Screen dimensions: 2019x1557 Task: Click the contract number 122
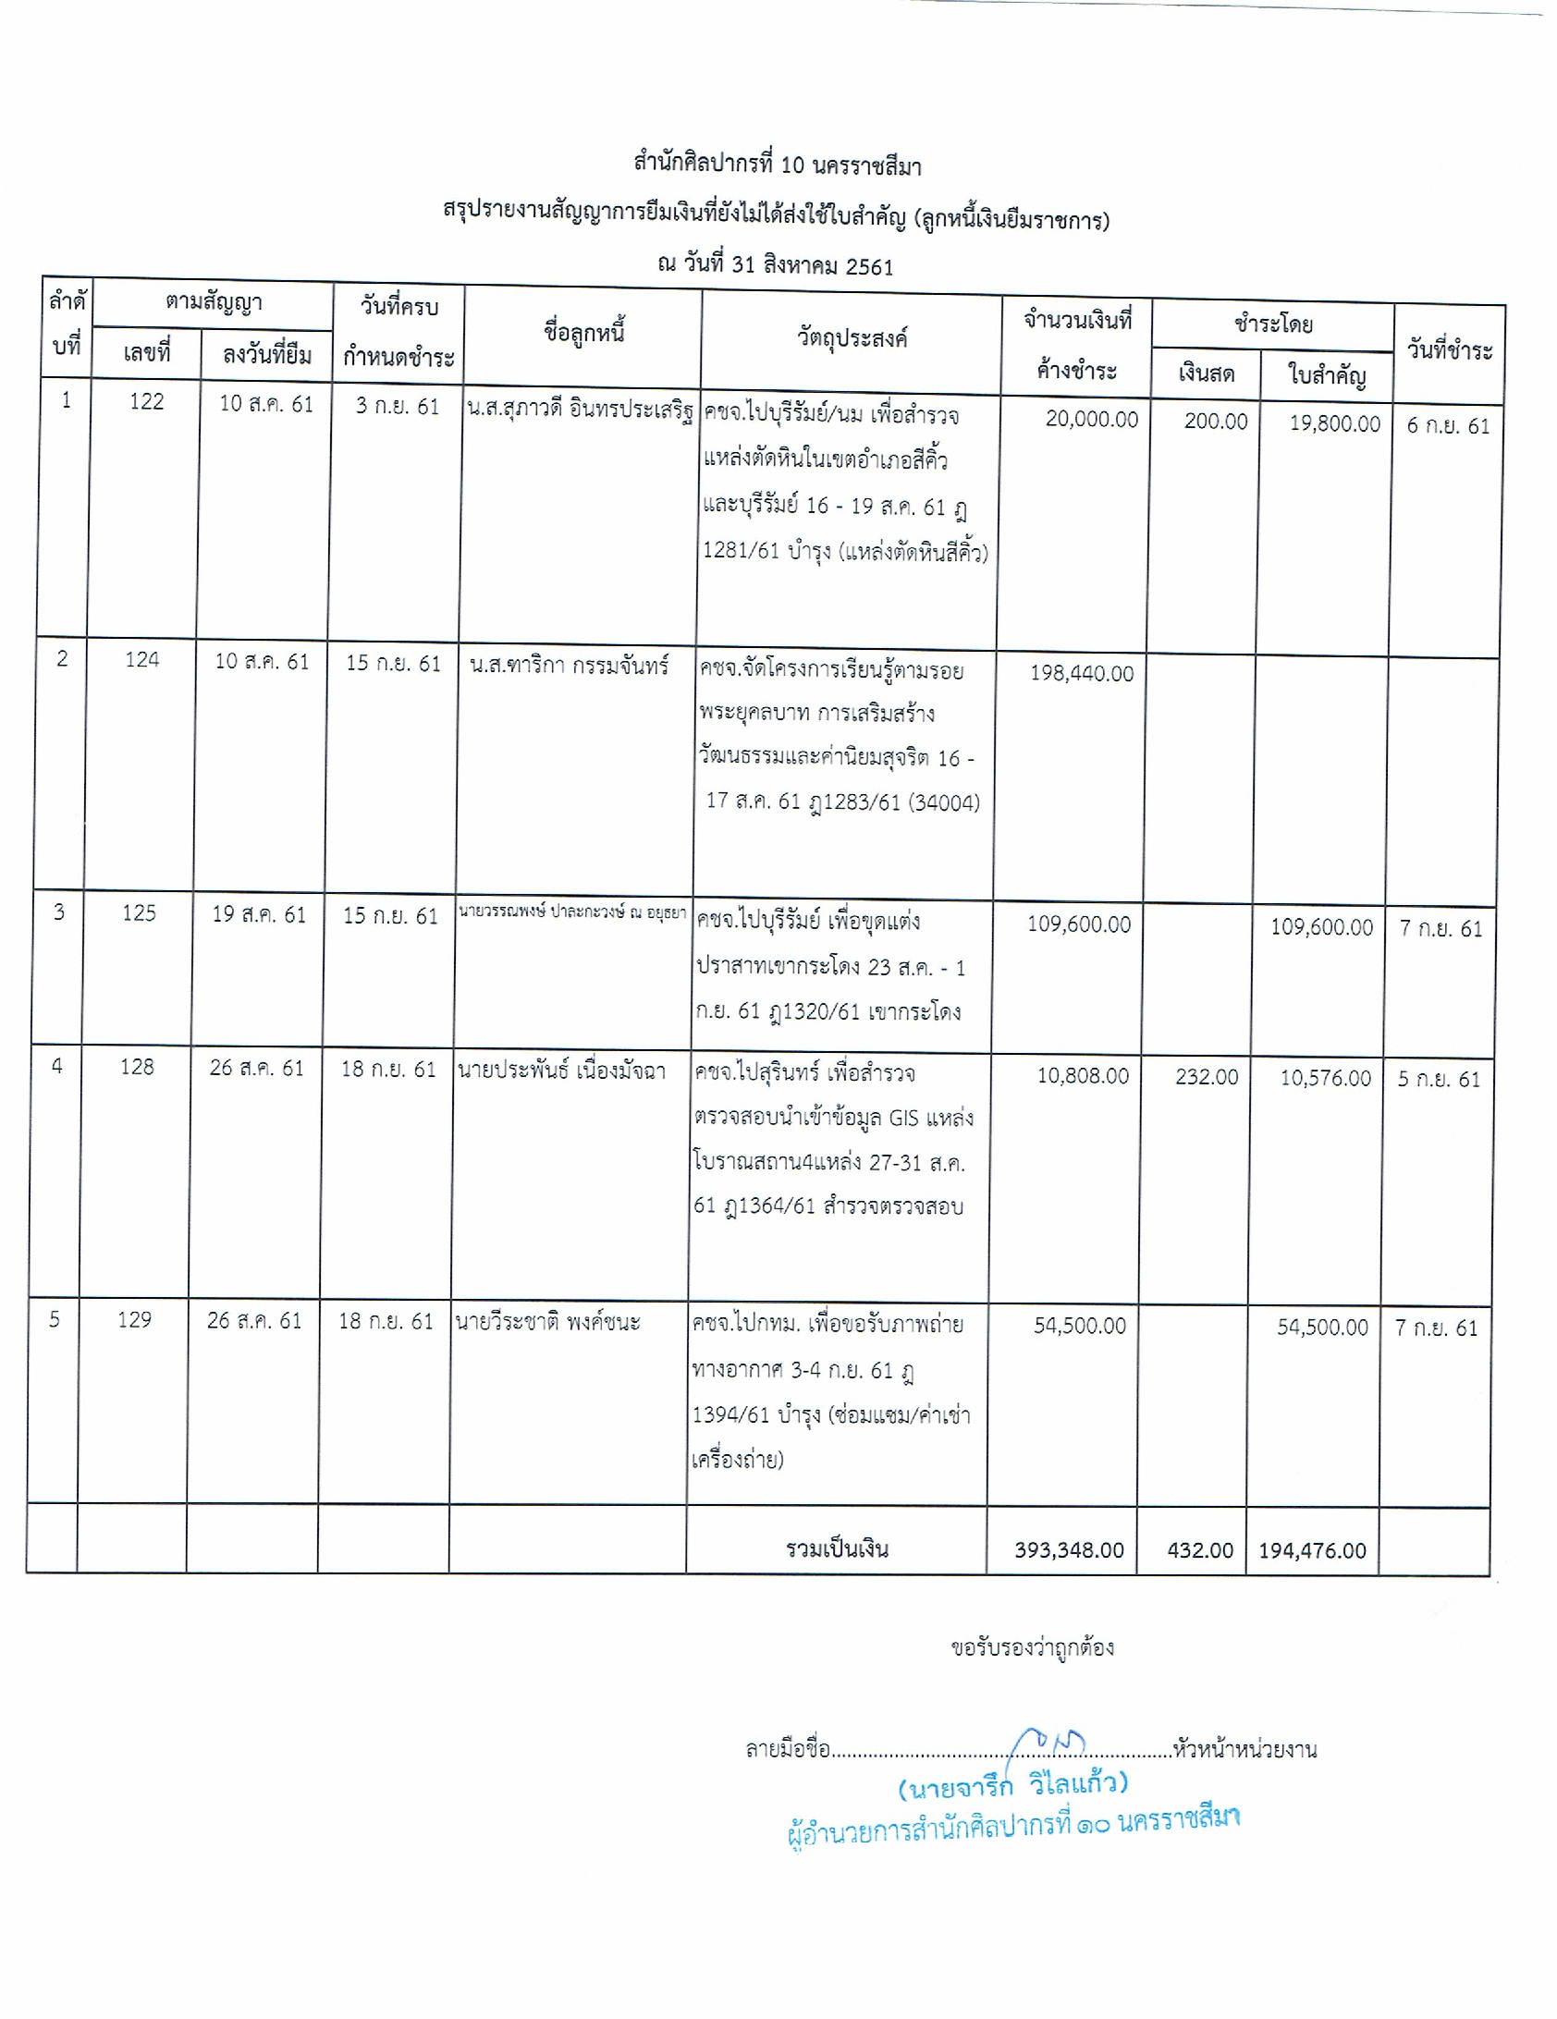coord(146,401)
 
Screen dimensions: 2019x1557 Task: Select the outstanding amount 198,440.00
coord(1082,673)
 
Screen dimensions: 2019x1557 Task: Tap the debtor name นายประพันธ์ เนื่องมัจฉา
coord(561,1071)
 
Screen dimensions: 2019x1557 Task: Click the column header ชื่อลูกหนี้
coord(584,332)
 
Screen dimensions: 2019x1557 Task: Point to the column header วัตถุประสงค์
coord(852,337)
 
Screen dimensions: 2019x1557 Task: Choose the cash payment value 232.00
coord(1207,1076)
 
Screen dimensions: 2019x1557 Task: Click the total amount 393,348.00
coord(1069,1549)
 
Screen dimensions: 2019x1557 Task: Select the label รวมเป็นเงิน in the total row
coord(837,1548)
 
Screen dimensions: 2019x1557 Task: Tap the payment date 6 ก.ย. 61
coord(1448,425)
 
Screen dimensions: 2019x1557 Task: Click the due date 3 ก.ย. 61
coord(398,406)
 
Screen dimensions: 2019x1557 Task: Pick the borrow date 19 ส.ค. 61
coord(259,914)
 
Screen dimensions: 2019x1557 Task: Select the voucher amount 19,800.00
coord(1334,423)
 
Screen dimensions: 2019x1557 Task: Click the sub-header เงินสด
coord(1207,373)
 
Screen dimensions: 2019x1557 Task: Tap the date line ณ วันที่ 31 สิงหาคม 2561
coord(775,266)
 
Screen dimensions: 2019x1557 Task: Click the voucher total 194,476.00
coord(1312,1550)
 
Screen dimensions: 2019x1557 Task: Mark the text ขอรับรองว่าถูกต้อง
coord(1032,1646)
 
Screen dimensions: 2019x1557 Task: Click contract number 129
coord(134,1319)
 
